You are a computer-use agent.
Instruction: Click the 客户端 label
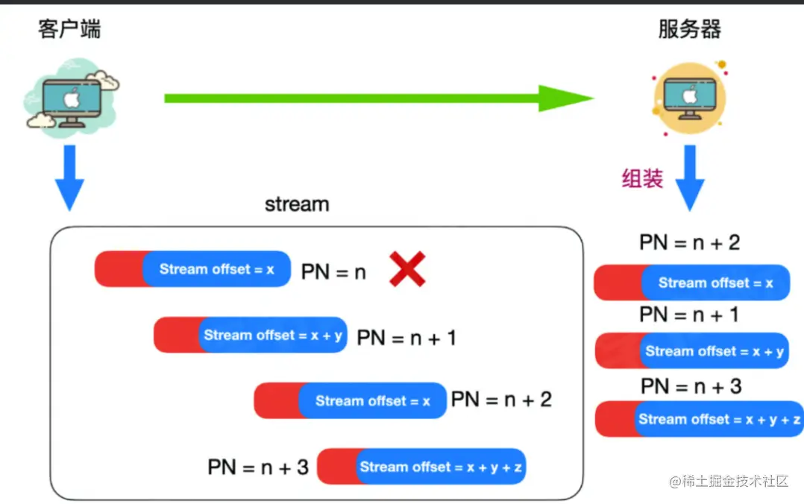pos(69,29)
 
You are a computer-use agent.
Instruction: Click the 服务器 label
pos(689,29)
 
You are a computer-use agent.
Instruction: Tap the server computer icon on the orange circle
pos(690,98)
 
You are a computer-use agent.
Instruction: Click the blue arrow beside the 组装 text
pos(689,177)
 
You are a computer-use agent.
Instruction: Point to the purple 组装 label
pos(642,179)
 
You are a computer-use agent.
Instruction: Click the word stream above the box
pos(297,204)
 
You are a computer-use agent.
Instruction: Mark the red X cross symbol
pos(407,269)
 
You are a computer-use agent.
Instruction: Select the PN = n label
pos(333,272)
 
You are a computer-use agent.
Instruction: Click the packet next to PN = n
pos(192,269)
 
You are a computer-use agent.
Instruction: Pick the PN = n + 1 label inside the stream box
pos(406,338)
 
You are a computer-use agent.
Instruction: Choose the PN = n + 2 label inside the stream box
pos(501,400)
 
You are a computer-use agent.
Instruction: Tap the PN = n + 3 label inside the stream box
pos(258,467)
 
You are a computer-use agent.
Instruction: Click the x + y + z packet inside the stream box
pos(421,467)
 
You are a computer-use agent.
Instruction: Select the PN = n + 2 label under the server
pos(689,242)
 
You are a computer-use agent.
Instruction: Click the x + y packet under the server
pos(691,351)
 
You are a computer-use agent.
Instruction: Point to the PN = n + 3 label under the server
pos(691,386)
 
